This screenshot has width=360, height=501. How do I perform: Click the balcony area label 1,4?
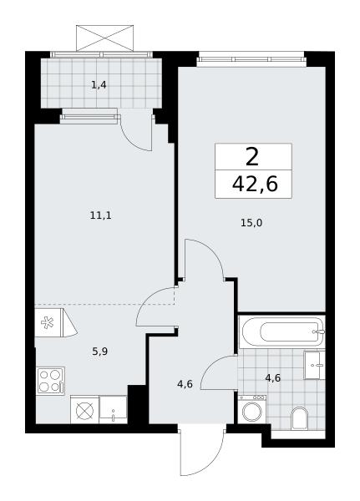[99, 85]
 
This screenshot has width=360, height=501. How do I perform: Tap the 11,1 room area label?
[101, 215]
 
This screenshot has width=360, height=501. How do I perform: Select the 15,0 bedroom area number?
[251, 223]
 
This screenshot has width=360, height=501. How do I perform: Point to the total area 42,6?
[255, 184]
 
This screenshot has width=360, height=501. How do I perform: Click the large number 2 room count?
[252, 157]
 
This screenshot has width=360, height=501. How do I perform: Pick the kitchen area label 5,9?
[99, 352]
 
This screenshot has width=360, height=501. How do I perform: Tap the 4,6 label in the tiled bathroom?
[273, 378]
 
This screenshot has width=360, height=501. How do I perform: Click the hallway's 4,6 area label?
[185, 384]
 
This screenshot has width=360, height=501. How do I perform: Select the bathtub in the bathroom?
[282, 331]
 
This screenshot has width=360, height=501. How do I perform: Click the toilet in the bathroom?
[299, 417]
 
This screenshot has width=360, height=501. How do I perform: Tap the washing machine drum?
[252, 412]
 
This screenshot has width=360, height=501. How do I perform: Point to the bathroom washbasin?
[314, 365]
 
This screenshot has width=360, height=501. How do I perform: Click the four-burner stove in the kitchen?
[51, 381]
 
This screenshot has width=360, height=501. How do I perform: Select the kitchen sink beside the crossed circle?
[114, 410]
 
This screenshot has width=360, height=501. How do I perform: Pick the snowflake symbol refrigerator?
[48, 322]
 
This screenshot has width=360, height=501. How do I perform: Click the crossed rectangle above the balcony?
[104, 38]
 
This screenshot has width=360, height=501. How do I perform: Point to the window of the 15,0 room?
[251, 59]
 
